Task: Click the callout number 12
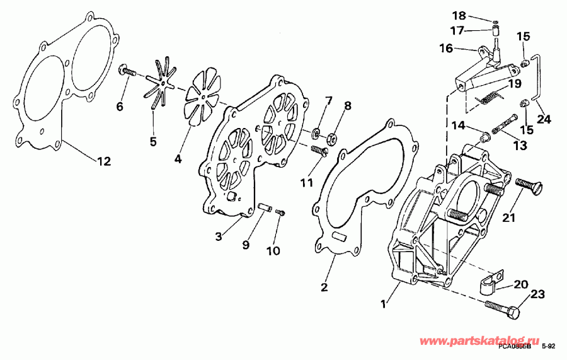coord(103,161)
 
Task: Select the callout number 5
coord(153,141)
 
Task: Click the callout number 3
coord(218,236)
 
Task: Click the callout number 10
coord(273,250)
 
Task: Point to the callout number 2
coord(324,288)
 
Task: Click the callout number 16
coord(446,48)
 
